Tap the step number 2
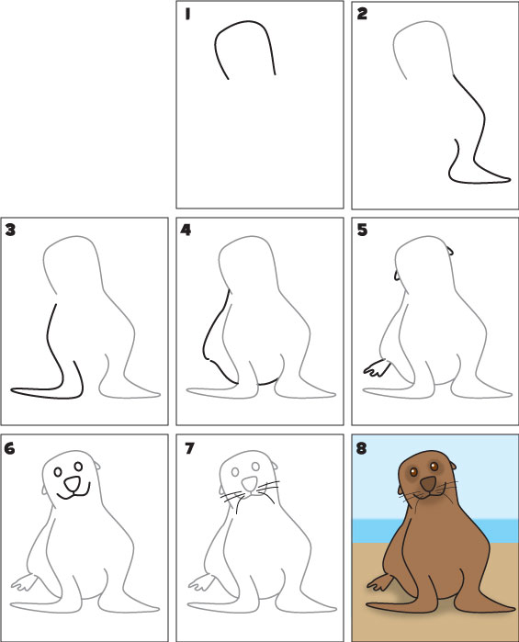click(362, 15)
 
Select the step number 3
click(11, 230)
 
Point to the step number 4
click(186, 230)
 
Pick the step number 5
click(362, 230)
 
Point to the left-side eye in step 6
click(59, 473)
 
